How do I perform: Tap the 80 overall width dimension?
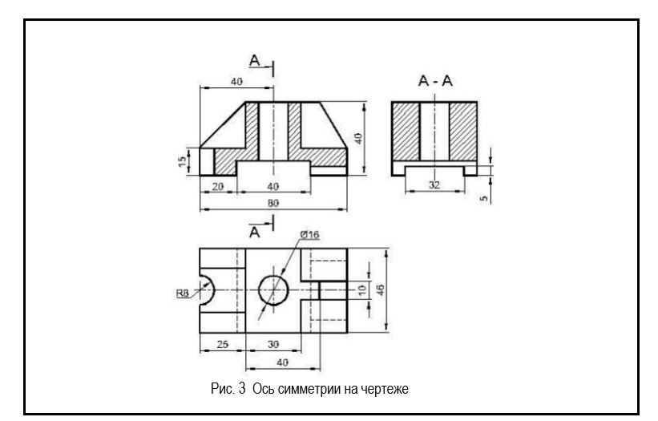tap(273, 204)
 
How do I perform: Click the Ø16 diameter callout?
tap(309, 234)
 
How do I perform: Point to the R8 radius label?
tap(183, 293)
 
